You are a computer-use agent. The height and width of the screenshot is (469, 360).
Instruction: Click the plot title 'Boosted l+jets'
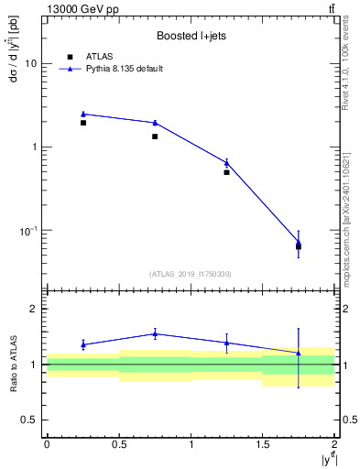click(x=190, y=37)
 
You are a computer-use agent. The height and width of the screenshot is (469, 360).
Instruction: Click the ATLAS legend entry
click(x=99, y=57)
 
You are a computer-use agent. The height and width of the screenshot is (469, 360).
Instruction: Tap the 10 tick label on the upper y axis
click(x=31, y=64)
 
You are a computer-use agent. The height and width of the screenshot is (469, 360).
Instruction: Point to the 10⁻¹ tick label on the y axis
click(x=28, y=230)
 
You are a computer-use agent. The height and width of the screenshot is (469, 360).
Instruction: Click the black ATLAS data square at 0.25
click(x=83, y=123)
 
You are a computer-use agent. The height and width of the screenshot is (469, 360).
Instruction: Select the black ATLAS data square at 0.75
click(x=155, y=136)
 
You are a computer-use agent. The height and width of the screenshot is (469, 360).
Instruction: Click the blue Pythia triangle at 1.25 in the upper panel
click(x=226, y=163)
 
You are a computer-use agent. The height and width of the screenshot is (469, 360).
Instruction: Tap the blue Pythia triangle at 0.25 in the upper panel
click(x=83, y=114)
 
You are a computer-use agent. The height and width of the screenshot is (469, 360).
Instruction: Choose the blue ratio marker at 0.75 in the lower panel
click(x=155, y=333)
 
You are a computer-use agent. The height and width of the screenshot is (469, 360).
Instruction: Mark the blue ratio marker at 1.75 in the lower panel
click(x=299, y=353)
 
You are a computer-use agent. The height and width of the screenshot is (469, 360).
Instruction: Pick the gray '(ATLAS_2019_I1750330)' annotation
click(x=190, y=274)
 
